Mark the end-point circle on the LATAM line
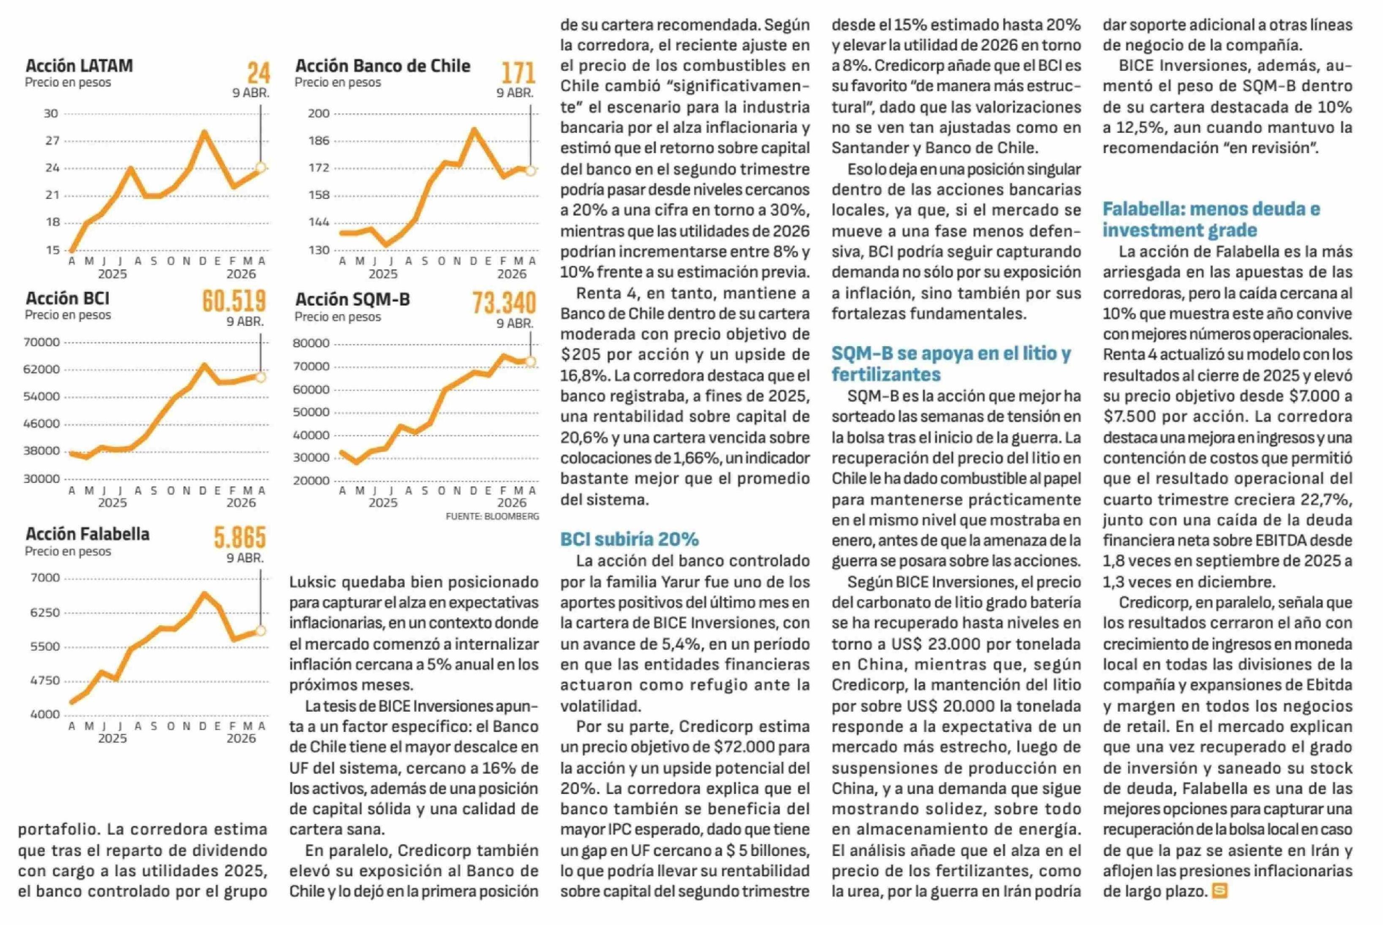(260, 168)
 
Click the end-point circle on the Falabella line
(260, 630)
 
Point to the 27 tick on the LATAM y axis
(52, 141)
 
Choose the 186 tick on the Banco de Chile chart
(319, 141)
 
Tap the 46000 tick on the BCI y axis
(41, 424)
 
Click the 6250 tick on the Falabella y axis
(45, 612)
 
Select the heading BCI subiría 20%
(629, 539)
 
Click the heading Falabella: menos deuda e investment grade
(1211, 219)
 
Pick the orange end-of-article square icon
(1219, 891)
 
